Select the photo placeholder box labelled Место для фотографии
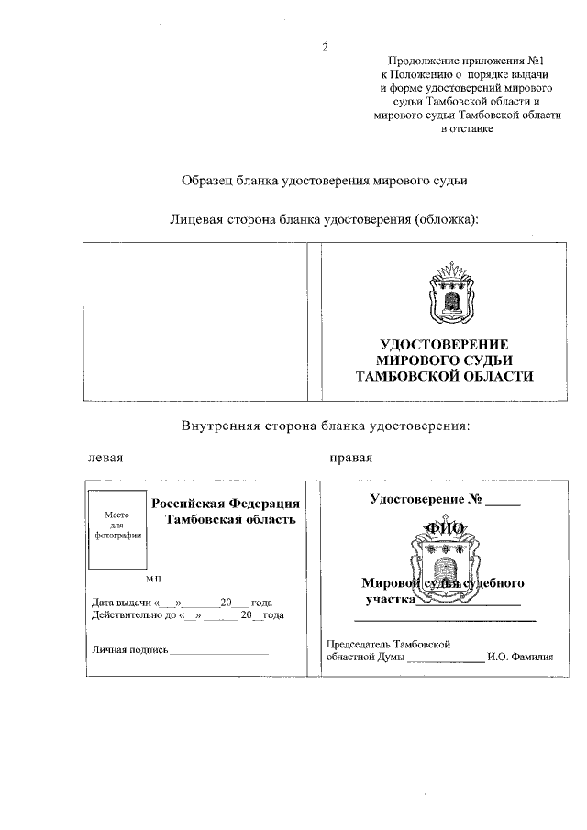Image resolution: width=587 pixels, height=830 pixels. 116,527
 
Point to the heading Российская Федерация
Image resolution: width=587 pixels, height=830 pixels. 226,504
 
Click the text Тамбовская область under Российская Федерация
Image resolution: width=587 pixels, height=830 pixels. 229,520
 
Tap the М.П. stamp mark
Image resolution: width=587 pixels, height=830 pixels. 153,581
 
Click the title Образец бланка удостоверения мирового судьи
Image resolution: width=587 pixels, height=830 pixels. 325,181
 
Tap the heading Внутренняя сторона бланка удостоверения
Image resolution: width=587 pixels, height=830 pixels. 325,426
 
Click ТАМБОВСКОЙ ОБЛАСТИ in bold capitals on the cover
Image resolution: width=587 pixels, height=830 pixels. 445,376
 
